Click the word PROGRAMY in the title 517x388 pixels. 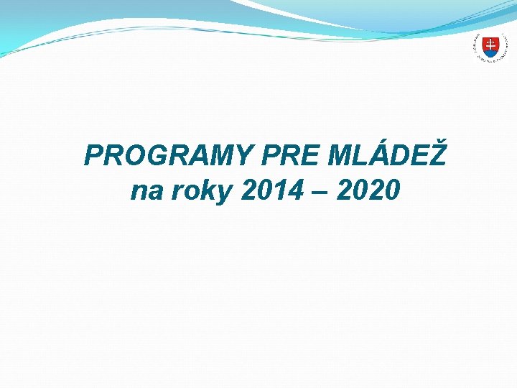coord(169,155)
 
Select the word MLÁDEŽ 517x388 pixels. coord(388,155)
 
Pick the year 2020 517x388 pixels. coord(367,191)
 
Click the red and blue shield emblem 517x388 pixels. coord(489,47)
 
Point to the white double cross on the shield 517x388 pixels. coord(489,45)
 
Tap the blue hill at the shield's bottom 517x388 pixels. coord(489,53)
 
